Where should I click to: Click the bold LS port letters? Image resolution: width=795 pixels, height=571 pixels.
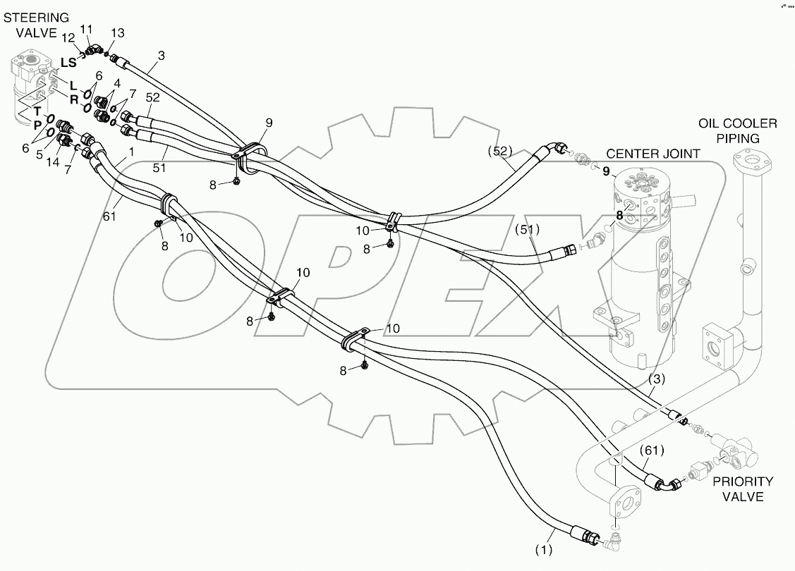tap(68, 63)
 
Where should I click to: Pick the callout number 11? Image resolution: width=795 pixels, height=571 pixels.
tap(86, 28)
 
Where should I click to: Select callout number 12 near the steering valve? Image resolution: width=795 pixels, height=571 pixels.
tap(69, 37)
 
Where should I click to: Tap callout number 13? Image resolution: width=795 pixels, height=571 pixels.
tap(118, 34)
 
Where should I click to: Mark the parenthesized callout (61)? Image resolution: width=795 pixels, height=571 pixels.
tap(652, 450)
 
